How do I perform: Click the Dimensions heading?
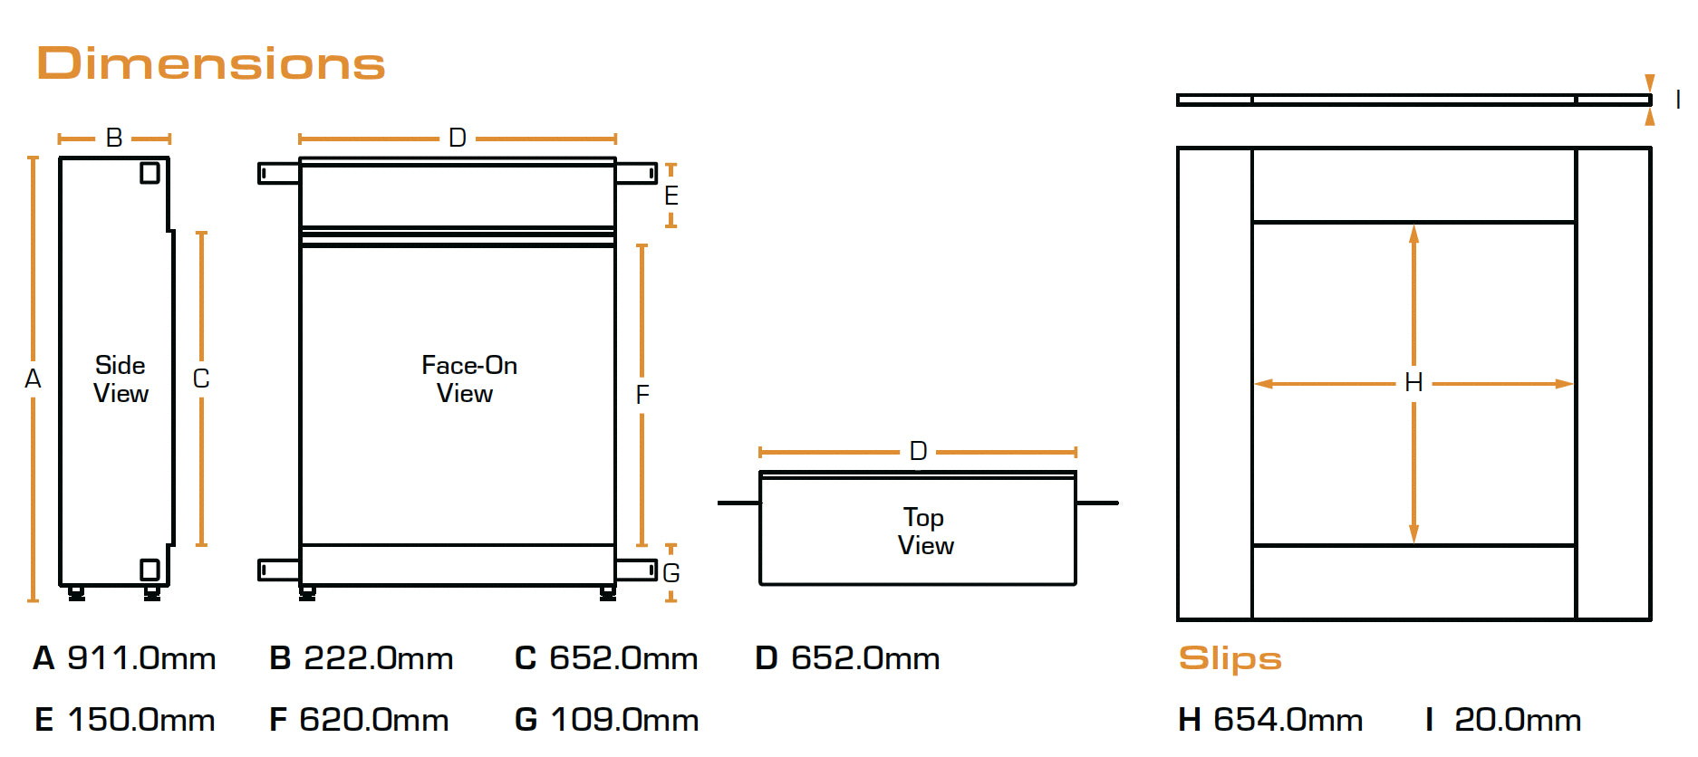click(210, 63)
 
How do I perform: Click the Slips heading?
click(1230, 658)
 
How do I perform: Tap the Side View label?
click(121, 379)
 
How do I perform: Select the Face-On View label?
click(468, 379)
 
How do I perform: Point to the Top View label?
click(924, 532)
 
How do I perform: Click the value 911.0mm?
click(141, 658)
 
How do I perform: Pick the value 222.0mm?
click(378, 658)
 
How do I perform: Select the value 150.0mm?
click(141, 720)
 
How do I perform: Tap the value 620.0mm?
click(374, 720)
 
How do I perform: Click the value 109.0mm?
click(624, 720)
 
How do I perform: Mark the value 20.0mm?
click(1518, 720)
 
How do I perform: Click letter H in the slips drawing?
click(1413, 383)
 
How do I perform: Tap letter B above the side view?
click(114, 138)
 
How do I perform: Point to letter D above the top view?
click(918, 451)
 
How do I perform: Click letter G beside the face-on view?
click(671, 573)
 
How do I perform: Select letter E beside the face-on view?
click(671, 196)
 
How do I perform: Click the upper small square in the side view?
click(150, 172)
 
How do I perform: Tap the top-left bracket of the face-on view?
click(278, 173)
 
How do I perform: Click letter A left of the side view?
click(33, 378)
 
